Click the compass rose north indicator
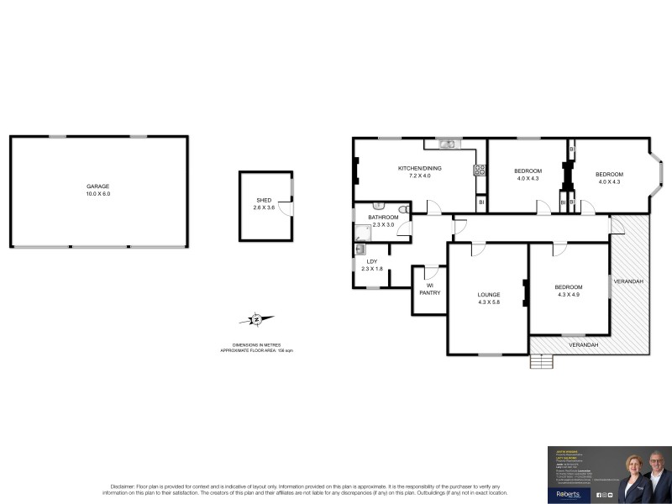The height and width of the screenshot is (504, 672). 256,319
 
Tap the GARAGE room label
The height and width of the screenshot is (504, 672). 98,186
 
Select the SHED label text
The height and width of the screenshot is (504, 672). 263,200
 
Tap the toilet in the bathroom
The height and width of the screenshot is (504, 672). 404,208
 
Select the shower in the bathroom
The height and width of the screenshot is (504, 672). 361,234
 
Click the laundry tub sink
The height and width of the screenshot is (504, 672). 360,249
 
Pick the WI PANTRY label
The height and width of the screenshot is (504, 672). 429,289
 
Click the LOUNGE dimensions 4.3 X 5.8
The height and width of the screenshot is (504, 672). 489,302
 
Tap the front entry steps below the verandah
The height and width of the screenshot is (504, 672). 543,362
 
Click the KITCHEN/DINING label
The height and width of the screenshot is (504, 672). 419,169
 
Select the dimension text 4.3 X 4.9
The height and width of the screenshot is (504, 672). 568,295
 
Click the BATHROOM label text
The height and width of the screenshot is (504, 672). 383,218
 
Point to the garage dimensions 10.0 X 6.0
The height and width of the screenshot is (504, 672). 98,194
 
